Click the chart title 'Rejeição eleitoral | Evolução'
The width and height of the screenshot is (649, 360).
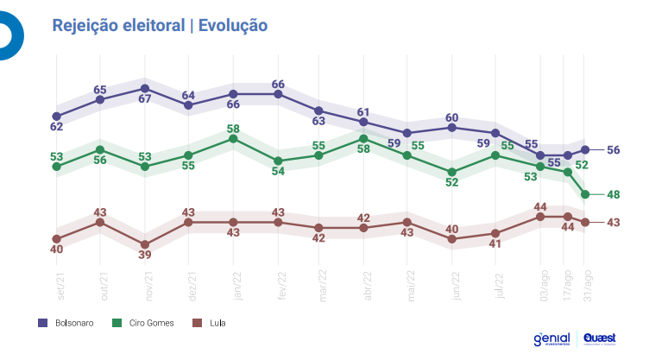point(160,26)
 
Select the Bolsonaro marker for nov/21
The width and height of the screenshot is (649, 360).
point(145,88)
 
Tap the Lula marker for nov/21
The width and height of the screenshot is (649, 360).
point(145,244)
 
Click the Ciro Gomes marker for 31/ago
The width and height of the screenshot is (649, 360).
point(586,194)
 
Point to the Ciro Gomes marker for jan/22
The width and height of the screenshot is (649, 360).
point(233,137)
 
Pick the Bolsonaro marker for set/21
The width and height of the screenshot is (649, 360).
point(57,116)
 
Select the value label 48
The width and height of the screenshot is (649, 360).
point(614,195)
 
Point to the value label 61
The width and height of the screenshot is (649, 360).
point(363,111)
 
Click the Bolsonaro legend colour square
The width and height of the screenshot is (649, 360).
point(42,323)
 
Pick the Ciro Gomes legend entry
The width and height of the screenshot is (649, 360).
point(144,323)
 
